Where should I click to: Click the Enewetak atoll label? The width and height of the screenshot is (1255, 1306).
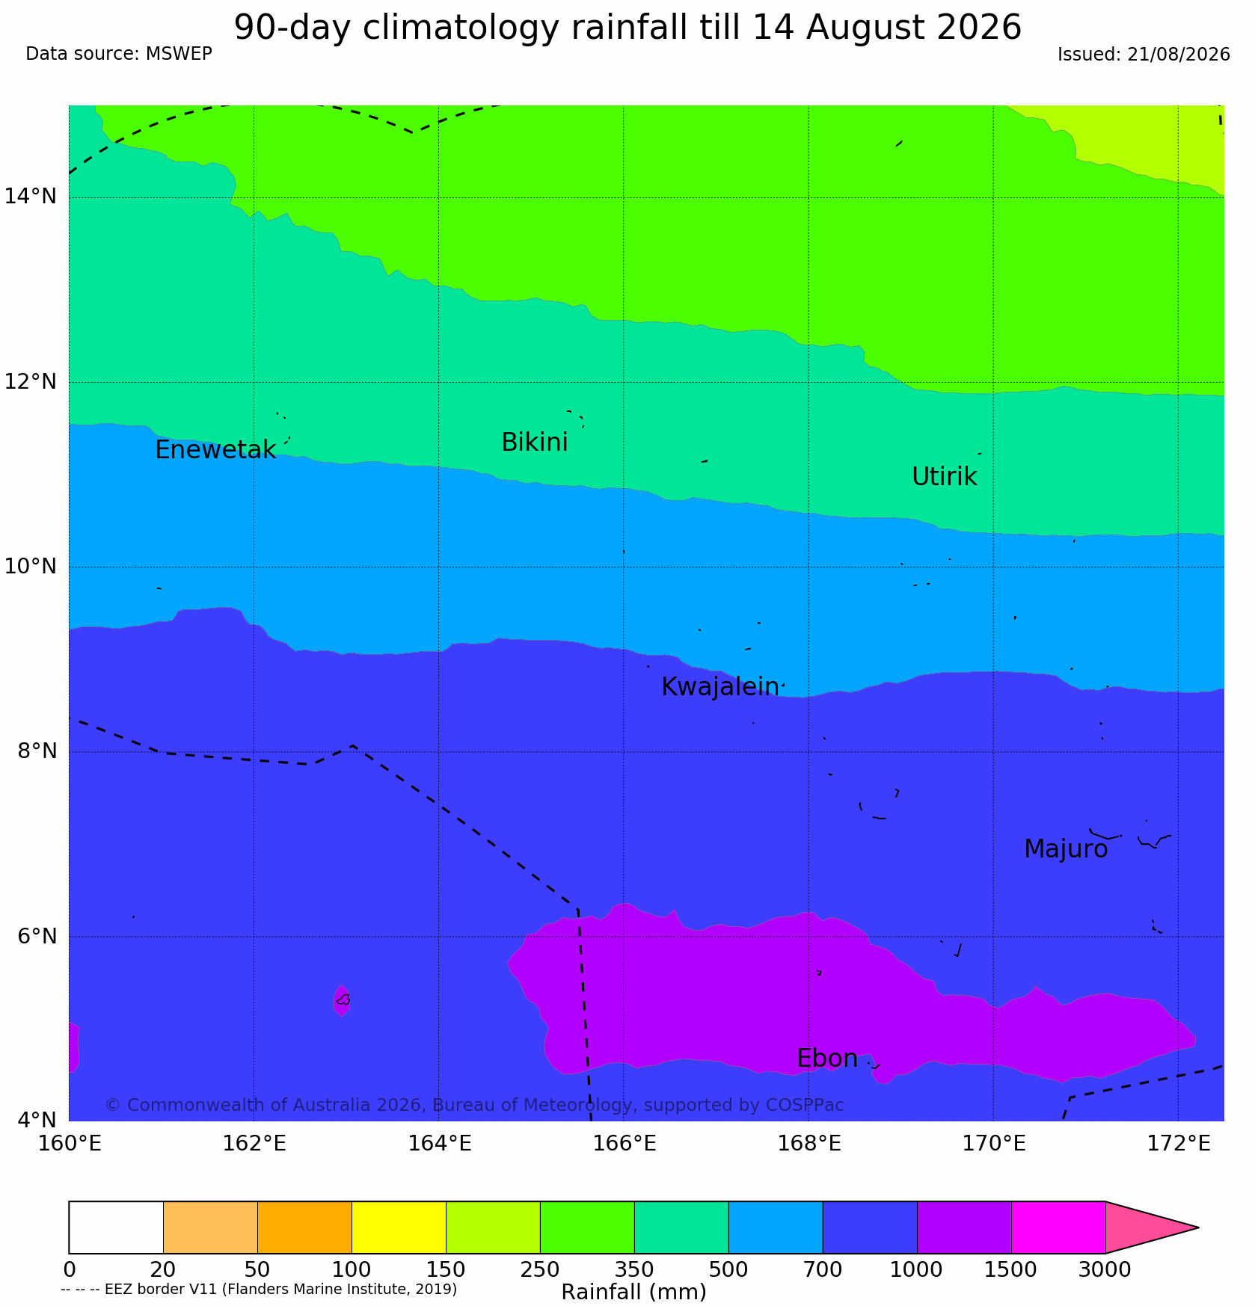pyautogui.click(x=215, y=450)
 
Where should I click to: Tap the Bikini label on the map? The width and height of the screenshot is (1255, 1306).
pyautogui.click(x=535, y=443)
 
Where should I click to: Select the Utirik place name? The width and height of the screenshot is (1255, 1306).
pyautogui.click(x=945, y=476)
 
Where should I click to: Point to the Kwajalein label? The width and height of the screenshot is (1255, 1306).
pyautogui.click(x=720, y=687)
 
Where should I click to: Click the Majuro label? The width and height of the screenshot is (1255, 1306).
pyautogui.click(x=1066, y=849)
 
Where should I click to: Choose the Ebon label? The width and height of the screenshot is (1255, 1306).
pyautogui.click(x=827, y=1059)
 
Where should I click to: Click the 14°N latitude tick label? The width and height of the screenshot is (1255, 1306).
pyautogui.click(x=31, y=197)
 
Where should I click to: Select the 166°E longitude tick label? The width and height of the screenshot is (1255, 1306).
pyautogui.click(x=624, y=1143)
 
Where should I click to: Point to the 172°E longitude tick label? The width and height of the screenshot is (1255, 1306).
pyautogui.click(x=1178, y=1143)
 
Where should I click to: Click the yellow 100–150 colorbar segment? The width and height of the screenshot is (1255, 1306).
pyautogui.click(x=399, y=1228)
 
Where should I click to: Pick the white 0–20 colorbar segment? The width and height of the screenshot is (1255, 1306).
pyautogui.click(x=116, y=1228)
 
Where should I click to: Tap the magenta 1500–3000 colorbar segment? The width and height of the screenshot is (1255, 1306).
pyautogui.click(x=1058, y=1228)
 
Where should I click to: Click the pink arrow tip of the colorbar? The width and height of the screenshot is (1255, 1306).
pyautogui.click(x=1198, y=1228)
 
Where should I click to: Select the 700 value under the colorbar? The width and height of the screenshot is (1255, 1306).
pyautogui.click(x=823, y=1270)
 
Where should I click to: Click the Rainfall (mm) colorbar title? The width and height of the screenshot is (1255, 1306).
pyautogui.click(x=633, y=1292)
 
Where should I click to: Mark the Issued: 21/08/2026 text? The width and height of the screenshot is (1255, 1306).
pyautogui.click(x=1144, y=55)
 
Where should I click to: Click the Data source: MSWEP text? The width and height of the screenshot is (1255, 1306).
pyautogui.click(x=119, y=54)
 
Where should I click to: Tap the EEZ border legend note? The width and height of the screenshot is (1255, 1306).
pyautogui.click(x=259, y=1290)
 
